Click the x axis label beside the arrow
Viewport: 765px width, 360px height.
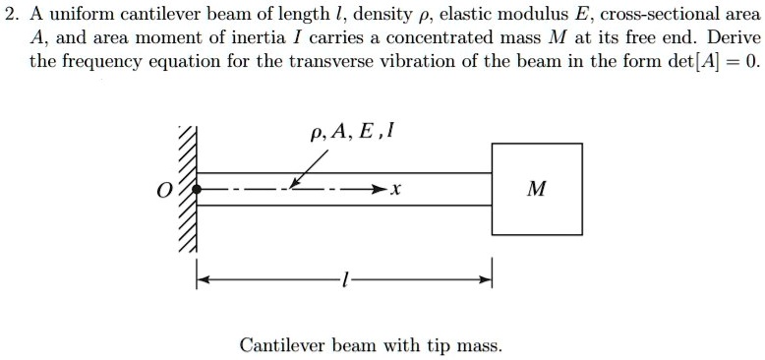(x=394, y=189)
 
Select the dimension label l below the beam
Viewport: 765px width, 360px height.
(x=342, y=281)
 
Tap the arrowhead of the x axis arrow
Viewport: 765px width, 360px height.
(x=378, y=188)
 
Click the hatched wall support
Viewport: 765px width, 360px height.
(x=187, y=189)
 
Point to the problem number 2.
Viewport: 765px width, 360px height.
(x=10, y=14)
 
